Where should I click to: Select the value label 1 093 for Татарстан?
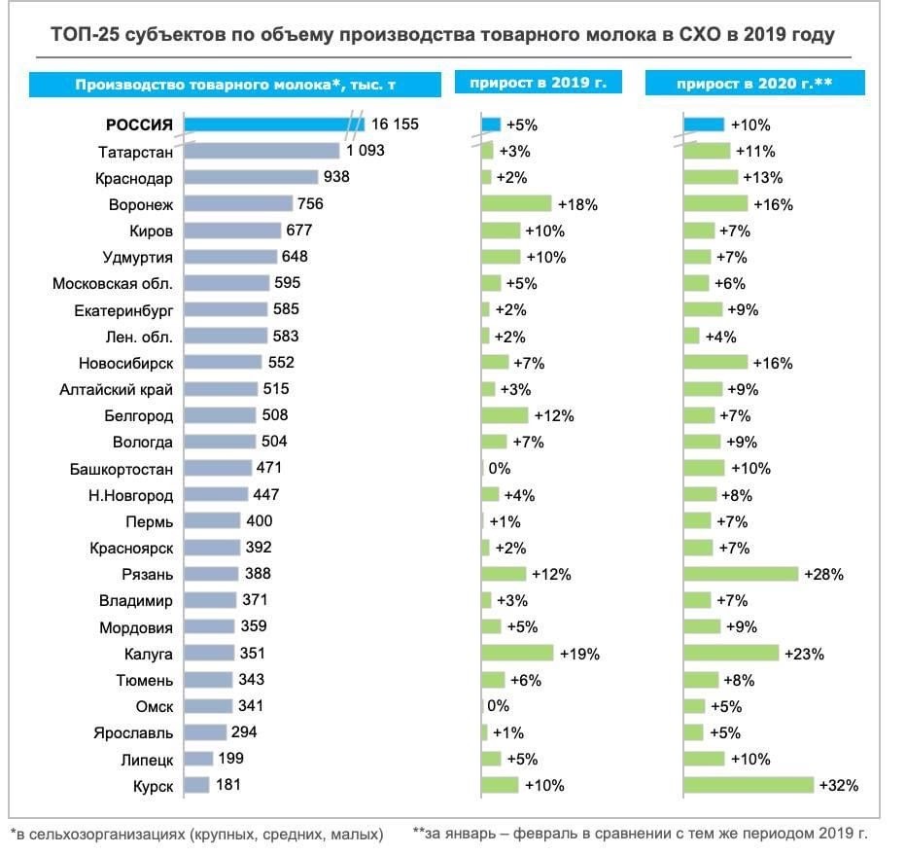tap(366, 151)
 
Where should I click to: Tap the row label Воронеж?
tap(141, 204)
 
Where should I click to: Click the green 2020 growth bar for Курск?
tap(749, 785)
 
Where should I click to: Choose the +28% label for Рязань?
tap(824, 574)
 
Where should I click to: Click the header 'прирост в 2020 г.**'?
tap(754, 85)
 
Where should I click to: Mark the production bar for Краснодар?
tap(252, 178)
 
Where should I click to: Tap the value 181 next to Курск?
tap(228, 785)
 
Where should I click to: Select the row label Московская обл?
tap(113, 283)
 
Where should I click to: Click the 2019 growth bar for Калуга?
tap(517, 653)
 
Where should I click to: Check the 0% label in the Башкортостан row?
tap(501, 468)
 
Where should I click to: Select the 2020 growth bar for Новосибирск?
tap(715, 363)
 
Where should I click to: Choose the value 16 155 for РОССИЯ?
tap(395, 125)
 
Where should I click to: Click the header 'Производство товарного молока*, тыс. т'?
tap(235, 85)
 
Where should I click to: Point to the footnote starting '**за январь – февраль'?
tap(640, 833)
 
